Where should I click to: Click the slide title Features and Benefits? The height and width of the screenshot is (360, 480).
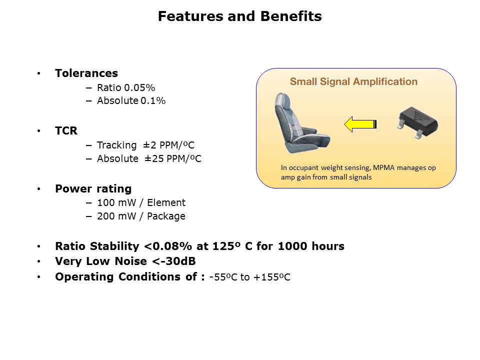pyautogui.click(x=239, y=16)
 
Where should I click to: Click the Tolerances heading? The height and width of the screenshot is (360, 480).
pyautogui.click(x=86, y=73)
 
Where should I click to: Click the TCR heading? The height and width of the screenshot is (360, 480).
pyautogui.click(x=66, y=130)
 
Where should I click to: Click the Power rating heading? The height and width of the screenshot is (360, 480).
pyautogui.click(x=93, y=188)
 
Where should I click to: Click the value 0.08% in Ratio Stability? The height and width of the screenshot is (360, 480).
pyautogui.click(x=172, y=246)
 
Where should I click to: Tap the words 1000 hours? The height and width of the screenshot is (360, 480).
pyautogui.click(x=311, y=246)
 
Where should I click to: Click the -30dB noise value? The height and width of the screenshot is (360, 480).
pyautogui.click(x=178, y=261)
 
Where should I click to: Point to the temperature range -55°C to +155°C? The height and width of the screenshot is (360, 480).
pyautogui.click(x=250, y=277)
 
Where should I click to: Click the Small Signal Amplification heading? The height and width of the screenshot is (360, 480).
pyautogui.click(x=353, y=81)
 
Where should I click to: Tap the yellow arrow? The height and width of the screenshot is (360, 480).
pyautogui.click(x=360, y=124)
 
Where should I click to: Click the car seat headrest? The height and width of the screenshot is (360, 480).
pyautogui.click(x=283, y=100)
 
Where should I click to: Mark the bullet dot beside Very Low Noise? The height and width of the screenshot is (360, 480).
pyautogui.click(x=38, y=261)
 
